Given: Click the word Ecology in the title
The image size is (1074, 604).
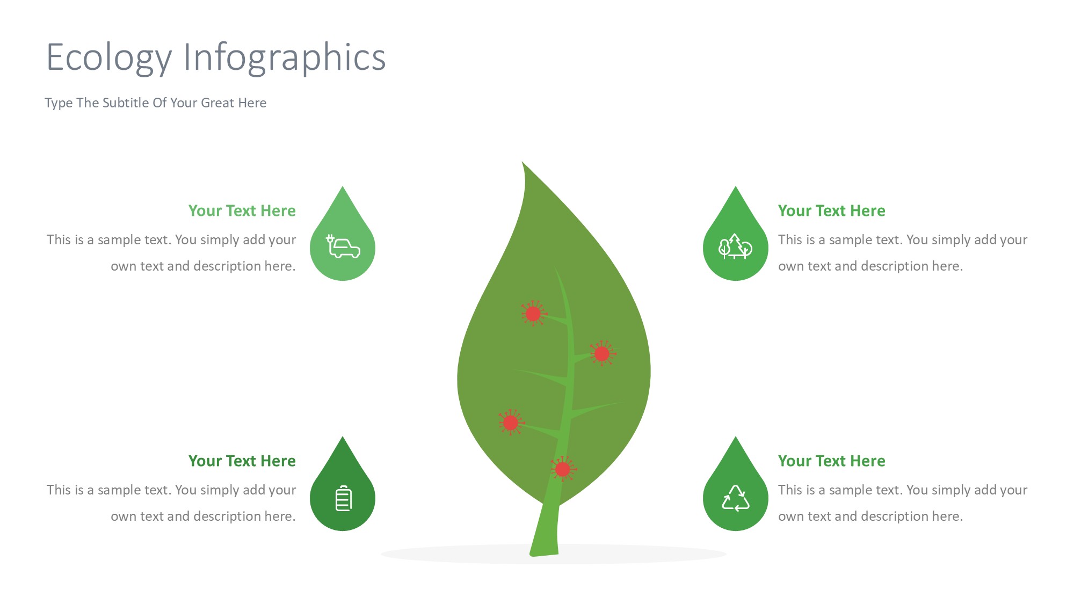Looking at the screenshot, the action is pos(109,58).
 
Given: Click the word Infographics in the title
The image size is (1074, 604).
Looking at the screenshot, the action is pos(285,58).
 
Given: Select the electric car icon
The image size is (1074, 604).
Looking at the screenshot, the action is pos(343,247).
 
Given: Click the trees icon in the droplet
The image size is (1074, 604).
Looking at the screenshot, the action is pos(735,247).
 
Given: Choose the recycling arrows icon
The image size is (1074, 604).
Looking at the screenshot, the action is pos(736,498).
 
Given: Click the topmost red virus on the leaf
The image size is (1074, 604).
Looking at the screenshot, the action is pos(533,314).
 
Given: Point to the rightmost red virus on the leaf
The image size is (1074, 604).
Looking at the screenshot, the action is pos(602,354).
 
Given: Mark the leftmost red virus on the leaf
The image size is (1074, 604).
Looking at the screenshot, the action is pos(511,423).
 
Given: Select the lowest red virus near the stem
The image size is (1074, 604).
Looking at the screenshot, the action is pos(563,470).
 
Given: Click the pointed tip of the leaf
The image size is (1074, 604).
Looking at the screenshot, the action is pos(522,162).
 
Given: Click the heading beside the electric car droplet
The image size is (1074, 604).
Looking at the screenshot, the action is pos(242,210).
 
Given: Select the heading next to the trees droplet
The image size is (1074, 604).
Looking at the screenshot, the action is pos(831,210).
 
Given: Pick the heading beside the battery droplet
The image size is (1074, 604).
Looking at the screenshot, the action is pos(242,461).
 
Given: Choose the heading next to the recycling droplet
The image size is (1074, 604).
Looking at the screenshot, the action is pos(831,461).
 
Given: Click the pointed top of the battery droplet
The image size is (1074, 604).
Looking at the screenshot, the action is pos(343,437).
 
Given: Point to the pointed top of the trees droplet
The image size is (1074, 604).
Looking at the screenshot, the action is pos(736,187).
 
